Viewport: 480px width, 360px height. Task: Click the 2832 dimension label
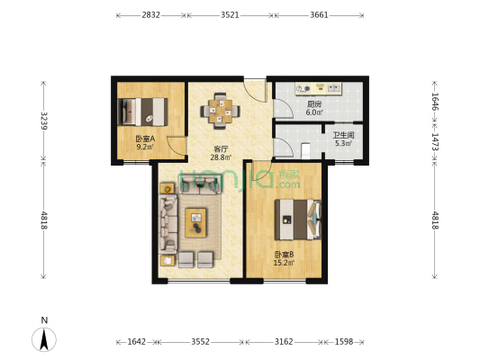[150, 15]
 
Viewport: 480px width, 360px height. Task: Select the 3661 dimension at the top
[319, 15]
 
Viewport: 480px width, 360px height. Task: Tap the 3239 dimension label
[44, 121]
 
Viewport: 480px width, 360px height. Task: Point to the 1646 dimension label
[435, 102]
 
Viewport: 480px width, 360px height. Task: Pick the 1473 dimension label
[435, 141]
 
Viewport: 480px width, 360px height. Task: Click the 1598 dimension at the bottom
[344, 342]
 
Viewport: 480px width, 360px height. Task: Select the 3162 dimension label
[284, 342]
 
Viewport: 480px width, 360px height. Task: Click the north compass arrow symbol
[44, 339]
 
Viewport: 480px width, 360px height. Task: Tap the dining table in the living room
[221, 111]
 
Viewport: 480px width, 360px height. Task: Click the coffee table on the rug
[196, 222]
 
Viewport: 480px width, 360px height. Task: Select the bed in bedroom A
[142, 112]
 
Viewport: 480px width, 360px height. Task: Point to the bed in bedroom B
[298, 220]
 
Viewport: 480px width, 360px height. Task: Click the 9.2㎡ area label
[145, 147]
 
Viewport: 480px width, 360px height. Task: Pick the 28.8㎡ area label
[221, 157]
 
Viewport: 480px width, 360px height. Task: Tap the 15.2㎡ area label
[284, 263]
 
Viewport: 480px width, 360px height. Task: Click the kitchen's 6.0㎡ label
[314, 112]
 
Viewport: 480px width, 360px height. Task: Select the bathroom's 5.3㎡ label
[343, 143]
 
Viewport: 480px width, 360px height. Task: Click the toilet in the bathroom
[306, 151]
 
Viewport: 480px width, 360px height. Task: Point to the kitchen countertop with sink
[319, 89]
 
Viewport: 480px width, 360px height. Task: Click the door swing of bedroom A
[177, 146]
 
